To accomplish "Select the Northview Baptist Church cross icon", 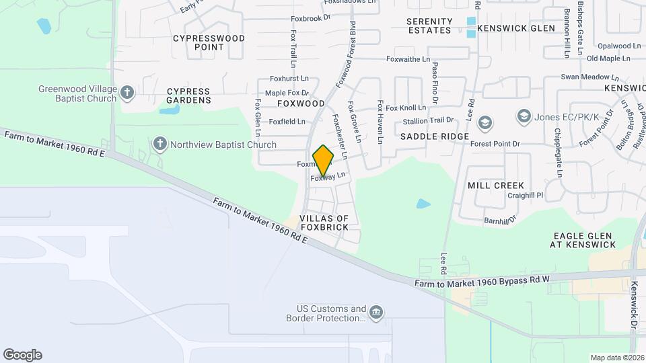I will (159, 144).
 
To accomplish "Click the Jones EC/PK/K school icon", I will (523, 117).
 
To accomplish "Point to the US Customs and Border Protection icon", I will (376, 312).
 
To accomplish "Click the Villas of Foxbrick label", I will (324, 223).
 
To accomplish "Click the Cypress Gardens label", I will (188, 95).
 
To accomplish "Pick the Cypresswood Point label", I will (209, 42).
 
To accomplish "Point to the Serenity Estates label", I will (429, 26).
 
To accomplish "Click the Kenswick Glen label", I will (516, 28).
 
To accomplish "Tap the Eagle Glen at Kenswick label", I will (583, 240).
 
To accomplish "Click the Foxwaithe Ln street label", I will (408, 59).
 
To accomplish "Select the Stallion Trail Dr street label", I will (428, 121).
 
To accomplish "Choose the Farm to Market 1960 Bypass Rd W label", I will (482, 282).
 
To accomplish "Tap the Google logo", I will (22, 355).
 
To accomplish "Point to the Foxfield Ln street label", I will (287, 122).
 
